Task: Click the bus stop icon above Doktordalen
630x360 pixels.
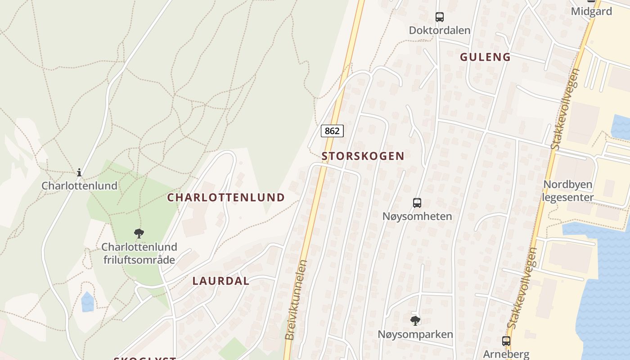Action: tap(440, 17)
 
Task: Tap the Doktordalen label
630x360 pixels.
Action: tap(440, 30)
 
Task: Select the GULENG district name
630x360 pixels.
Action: tap(485, 57)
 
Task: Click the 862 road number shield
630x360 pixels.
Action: tap(332, 131)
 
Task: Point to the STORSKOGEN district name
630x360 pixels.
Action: tap(363, 156)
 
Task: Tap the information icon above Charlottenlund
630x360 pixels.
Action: tap(79, 172)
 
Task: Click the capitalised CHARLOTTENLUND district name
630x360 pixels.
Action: tap(226, 197)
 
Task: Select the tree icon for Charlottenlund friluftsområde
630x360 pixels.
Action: tap(139, 234)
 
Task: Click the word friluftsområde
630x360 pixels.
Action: tap(139, 260)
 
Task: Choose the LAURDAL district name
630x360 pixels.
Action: tap(220, 281)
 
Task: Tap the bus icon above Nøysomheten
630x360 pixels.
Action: tap(417, 203)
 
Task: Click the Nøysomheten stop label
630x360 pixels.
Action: tap(417, 216)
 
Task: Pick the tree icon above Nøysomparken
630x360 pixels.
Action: tap(415, 321)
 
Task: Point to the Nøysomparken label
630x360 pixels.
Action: tap(415, 334)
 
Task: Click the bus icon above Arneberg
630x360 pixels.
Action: tap(506, 341)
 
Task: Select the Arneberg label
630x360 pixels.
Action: tap(506, 354)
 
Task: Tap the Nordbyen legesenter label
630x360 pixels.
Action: tap(567, 191)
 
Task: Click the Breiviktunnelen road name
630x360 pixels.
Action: tap(296, 300)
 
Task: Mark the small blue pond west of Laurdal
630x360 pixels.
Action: tap(88, 302)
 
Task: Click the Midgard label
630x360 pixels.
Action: tap(591, 11)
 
